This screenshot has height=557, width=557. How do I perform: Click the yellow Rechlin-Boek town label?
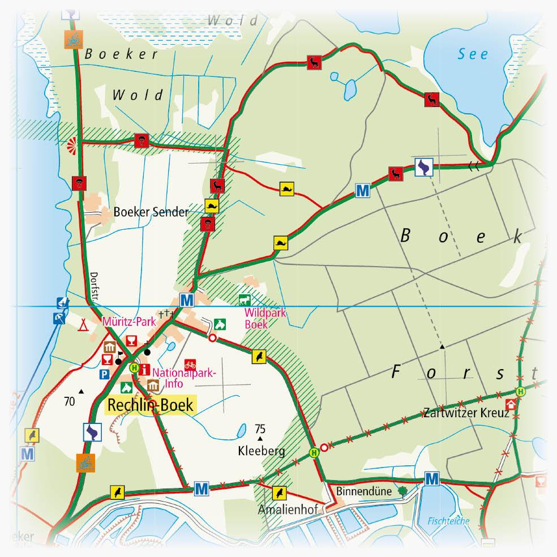pos(151,405)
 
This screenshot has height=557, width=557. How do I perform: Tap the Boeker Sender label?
pos(151,212)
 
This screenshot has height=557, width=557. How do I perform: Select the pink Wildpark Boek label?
pos(255,320)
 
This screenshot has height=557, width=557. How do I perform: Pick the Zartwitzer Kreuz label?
pos(464,413)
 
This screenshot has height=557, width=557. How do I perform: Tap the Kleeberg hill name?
pos(261,451)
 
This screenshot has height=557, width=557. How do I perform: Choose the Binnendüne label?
pos(364,491)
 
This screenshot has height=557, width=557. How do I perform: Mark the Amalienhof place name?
pos(281,508)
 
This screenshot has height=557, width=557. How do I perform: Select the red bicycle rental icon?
pos(190,364)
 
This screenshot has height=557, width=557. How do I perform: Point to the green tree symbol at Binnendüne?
pos(402,491)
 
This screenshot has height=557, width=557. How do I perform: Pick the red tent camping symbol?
pos(84,324)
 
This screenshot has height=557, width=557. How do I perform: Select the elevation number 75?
pos(260,428)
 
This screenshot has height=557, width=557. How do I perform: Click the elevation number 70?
pos(70,402)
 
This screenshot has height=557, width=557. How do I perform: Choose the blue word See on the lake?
pos(473,55)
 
